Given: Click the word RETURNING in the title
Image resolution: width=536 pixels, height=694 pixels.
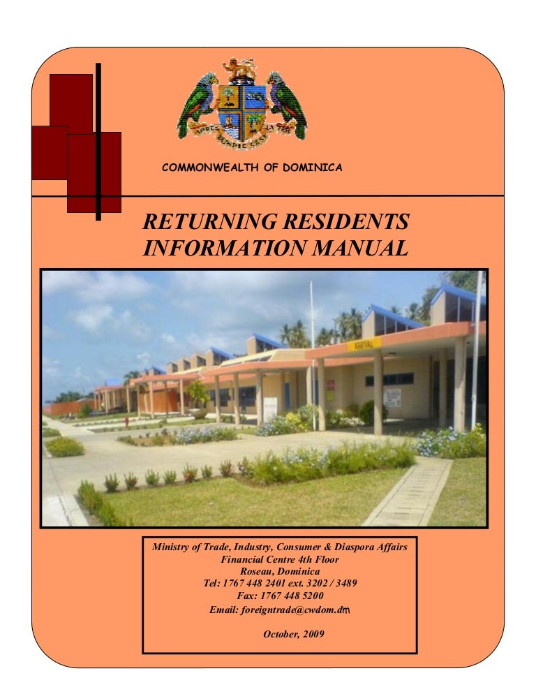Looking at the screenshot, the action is (x=210, y=221).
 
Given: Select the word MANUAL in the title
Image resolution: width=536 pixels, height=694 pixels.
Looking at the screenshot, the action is (x=360, y=248).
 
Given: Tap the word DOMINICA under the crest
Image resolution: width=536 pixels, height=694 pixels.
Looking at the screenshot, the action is (x=313, y=168).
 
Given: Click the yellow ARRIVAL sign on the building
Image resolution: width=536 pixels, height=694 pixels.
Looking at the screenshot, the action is (x=364, y=344).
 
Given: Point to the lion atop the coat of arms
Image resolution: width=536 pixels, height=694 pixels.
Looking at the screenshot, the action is (x=239, y=68).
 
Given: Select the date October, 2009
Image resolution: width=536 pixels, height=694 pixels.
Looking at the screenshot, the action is (x=293, y=634).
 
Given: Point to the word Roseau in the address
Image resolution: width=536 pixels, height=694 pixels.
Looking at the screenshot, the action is (x=256, y=571).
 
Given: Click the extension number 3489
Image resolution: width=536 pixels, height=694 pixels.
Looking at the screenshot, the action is (x=346, y=583).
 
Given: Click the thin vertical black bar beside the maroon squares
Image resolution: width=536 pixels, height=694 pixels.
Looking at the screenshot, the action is (x=98, y=142).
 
